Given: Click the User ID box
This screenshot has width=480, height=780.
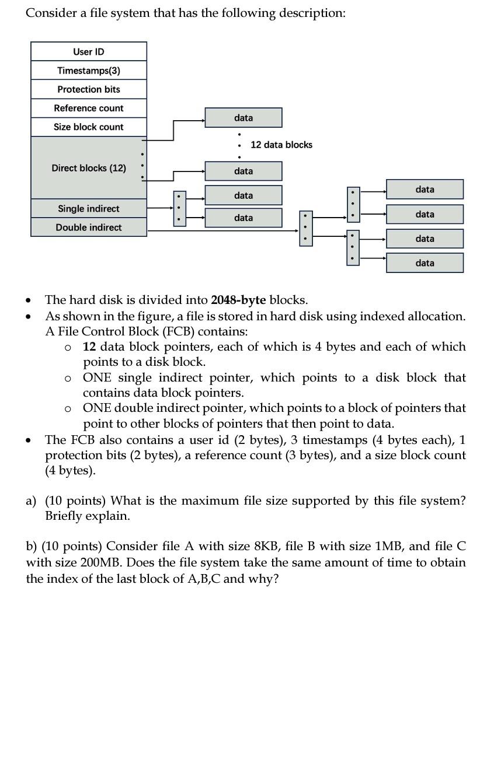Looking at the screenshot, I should [89, 51].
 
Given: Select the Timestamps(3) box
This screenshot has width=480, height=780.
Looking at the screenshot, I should [89, 70].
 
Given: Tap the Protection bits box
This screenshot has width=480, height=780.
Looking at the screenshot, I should [89, 89].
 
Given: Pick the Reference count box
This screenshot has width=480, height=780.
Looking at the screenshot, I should [89, 108].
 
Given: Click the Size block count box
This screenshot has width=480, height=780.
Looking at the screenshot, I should [89, 127].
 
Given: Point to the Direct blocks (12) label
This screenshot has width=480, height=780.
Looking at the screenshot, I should [89, 168].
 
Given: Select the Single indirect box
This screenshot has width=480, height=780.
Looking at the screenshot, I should [89, 208].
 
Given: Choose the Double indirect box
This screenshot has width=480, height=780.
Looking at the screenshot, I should [89, 227].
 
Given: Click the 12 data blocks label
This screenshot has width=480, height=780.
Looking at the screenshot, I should [281, 145].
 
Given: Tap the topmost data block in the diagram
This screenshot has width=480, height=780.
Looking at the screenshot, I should [244, 118].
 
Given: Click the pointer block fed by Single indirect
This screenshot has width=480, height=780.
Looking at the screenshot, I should [179, 208].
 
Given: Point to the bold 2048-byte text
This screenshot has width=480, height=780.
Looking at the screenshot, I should [238, 300].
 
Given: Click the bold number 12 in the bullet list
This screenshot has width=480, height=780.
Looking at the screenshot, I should [89, 347].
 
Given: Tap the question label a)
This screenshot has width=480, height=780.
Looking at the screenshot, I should [31, 501].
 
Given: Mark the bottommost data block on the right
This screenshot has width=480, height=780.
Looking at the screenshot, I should [425, 263].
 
